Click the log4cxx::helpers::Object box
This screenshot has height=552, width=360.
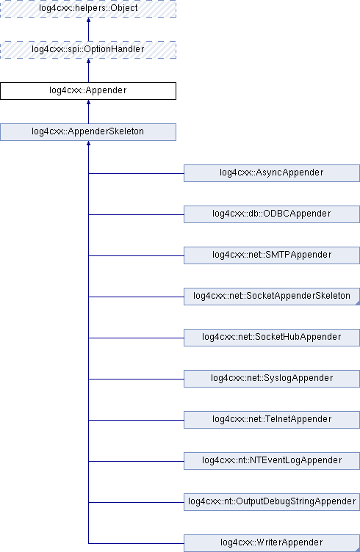tap(88, 9)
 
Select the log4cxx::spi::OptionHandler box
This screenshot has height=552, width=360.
tap(88, 50)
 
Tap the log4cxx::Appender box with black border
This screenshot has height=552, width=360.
tap(88, 91)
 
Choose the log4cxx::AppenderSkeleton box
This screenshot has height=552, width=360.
tap(88, 132)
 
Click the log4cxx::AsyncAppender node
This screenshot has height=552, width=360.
tap(272, 173)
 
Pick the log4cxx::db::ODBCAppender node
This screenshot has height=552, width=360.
tap(272, 214)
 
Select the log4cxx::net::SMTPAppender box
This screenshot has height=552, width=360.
tap(272, 255)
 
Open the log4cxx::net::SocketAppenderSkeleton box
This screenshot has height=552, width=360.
tap(272, 297)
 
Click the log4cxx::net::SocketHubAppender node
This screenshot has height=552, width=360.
tap(272, 338)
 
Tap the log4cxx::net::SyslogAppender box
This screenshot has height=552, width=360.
tap(272, 379)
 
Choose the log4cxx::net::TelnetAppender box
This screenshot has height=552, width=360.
tap(272, 420)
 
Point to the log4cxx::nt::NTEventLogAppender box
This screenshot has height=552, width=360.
tap(272, 461)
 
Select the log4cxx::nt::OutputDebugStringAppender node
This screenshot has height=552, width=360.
tap(272, 502)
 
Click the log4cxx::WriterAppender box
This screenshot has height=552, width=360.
tap(272, 543)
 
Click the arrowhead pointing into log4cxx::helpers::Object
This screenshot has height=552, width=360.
tap(88, 20)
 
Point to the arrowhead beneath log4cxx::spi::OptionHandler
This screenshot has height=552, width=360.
tap(88, 61)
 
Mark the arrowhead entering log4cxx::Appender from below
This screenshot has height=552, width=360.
tap(88, 102)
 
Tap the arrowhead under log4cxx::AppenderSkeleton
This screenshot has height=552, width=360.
tap(88, 143)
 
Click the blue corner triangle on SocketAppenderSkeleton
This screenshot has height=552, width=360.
tap(358, 302)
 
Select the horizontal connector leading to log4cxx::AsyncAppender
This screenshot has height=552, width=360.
tap(136, 173)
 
